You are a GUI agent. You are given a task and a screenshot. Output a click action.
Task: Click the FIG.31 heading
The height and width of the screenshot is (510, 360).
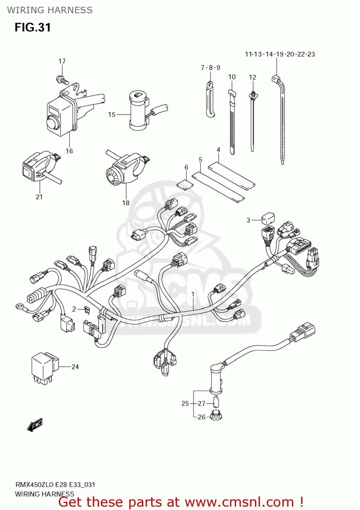(33, 28)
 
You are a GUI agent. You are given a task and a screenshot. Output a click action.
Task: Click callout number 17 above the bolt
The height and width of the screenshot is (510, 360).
(62, 61)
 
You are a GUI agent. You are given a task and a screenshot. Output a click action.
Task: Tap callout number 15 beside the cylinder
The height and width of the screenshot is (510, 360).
(112, 115)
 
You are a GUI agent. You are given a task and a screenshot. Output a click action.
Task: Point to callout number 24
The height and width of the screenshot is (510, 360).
(75, 367)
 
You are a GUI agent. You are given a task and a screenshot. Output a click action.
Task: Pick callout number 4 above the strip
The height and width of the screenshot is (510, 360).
(218, 150)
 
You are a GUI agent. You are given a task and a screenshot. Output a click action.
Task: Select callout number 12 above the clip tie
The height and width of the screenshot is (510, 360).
(252, 78)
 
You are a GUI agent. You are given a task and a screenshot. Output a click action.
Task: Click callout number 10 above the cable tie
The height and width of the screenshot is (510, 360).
(232, 77)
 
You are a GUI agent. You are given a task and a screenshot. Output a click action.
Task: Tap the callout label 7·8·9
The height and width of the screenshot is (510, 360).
(210, 68)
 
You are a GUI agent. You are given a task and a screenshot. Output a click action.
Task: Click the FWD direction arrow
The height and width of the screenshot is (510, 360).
(35, 425)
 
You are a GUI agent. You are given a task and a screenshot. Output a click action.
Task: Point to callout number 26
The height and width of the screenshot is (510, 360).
(201, 417)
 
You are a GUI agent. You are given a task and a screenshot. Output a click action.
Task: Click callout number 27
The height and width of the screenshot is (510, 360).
(201, 404)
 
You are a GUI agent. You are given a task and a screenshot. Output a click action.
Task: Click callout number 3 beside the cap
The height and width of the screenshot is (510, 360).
(248, 220)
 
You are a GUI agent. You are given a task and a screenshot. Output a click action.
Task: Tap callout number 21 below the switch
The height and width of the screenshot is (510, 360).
(39, 197)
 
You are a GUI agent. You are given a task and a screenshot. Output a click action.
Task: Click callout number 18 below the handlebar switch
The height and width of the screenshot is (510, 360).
(126, 203)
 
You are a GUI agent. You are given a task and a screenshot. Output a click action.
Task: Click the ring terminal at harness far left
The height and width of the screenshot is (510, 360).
(19, 307)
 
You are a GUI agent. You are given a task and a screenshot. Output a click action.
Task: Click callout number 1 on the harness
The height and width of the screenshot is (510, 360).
(193, 294)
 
